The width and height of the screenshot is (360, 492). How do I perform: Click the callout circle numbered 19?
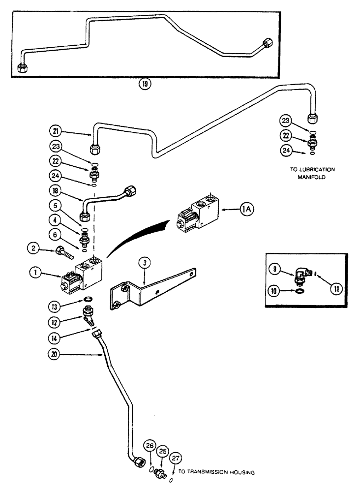pos(144,84)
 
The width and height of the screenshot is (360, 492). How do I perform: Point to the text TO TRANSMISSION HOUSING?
pos(216,473)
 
